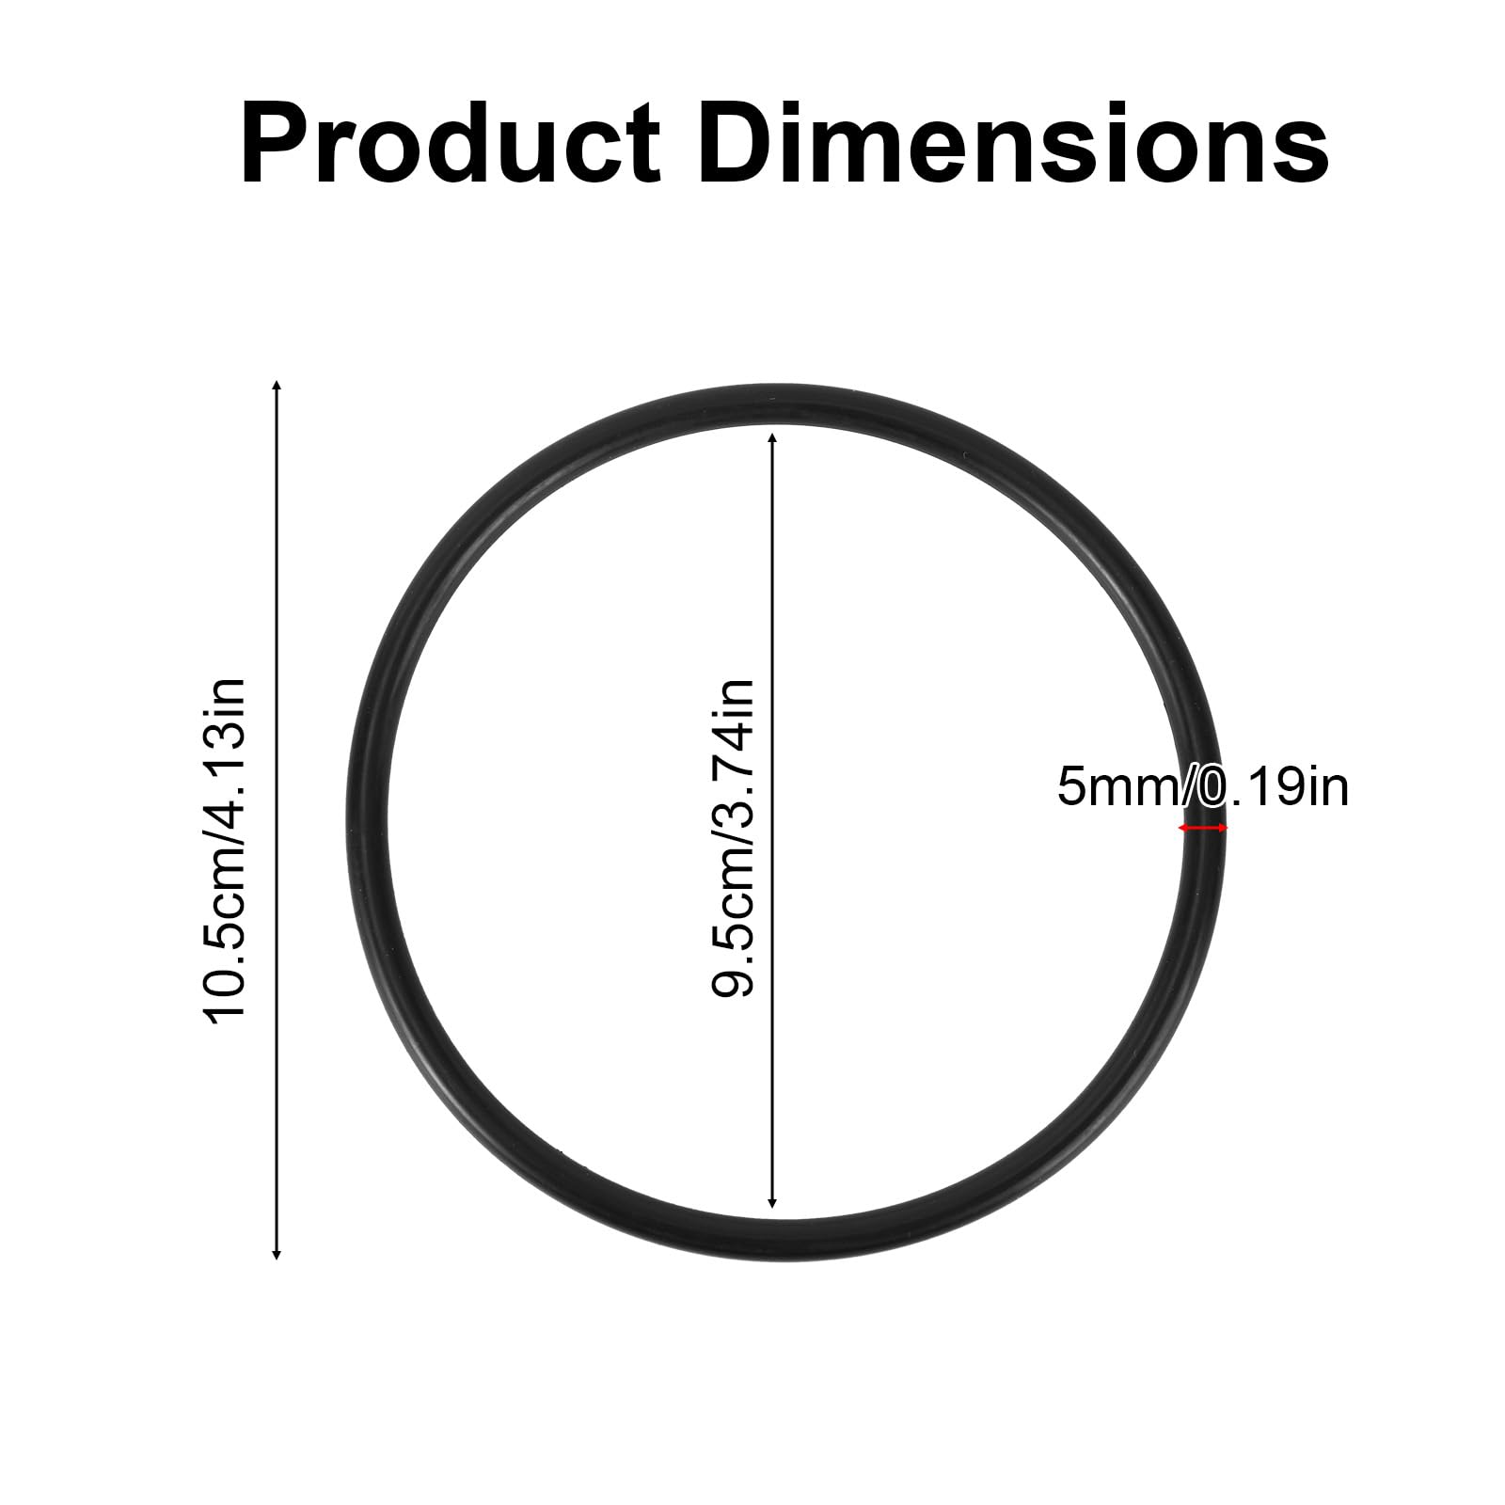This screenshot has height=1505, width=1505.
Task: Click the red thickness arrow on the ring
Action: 1203,828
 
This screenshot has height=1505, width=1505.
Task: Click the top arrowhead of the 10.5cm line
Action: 277,386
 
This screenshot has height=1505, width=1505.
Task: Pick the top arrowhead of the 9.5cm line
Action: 772,438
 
